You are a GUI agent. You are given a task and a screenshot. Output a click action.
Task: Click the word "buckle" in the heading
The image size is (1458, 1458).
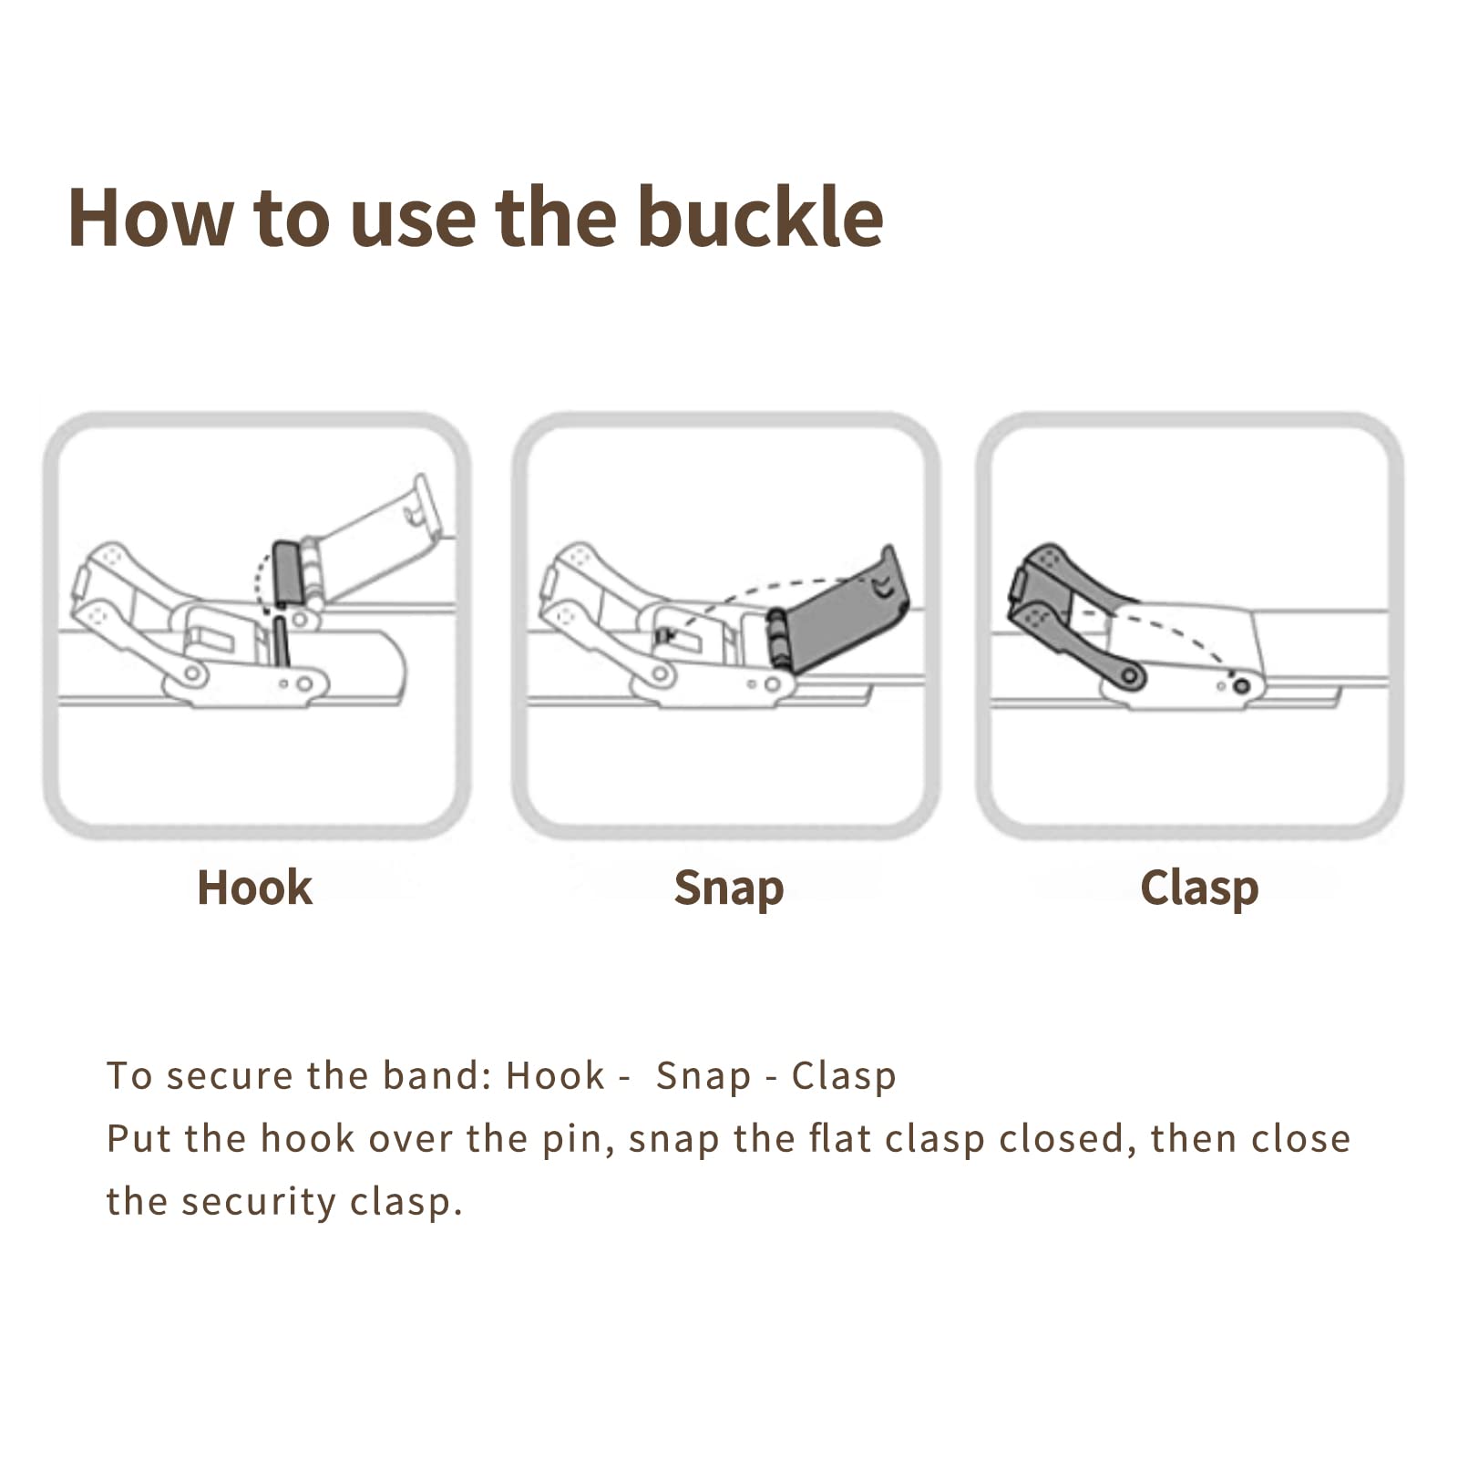(x=760, y=217)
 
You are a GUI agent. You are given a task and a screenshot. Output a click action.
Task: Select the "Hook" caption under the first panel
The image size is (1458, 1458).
(x=254, y=888)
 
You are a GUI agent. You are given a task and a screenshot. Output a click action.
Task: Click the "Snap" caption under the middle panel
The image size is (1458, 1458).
(x=728, y=888)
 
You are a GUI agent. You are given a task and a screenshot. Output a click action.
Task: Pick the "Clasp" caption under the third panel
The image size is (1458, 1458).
(x=1199, y=888)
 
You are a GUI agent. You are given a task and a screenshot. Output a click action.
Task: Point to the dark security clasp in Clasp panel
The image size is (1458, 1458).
(x=1066, y=611)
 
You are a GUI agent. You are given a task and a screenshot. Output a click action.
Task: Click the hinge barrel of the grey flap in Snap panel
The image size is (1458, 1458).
(x=777, y=638)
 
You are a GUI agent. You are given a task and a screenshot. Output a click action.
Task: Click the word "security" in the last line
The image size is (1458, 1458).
(x=259, y=1203)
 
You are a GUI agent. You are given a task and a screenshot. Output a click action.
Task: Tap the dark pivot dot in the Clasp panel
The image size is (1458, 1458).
(x=1240, y=685)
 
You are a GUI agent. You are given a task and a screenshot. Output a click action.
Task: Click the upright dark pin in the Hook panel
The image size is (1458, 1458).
(x=281, y=642)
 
